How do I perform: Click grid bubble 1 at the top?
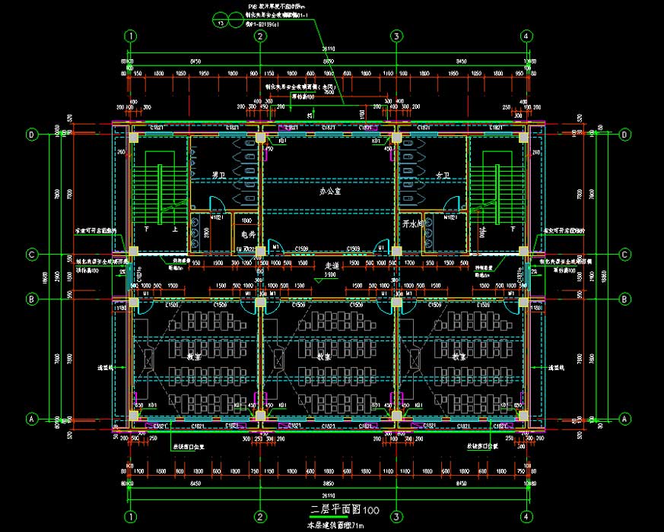click(x=132, y=36)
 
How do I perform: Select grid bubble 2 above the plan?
click(x=260, y=36)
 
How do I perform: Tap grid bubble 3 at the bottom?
click(x=396, y=516)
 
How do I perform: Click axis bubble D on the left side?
click(x=32, y=135)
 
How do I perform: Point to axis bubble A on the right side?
click(x=625, y=418)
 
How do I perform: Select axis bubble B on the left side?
click(x=32, y=299)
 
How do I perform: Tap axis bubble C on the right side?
click(x=625, y=254)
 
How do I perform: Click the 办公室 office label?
click(x=329, y=192)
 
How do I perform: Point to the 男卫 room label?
click(x=219, y=176)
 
